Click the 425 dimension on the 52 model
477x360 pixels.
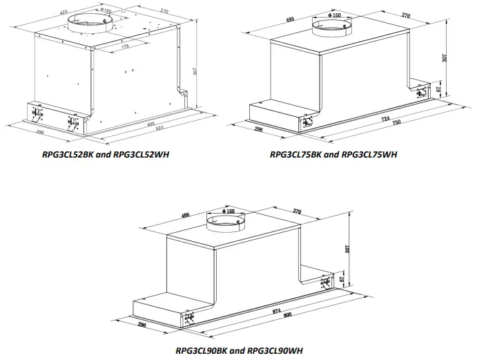(x=64, y=12)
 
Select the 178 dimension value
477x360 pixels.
(x=125, y=48)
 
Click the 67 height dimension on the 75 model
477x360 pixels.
(x=438, y=90)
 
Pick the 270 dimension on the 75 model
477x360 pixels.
(x=406, y=15)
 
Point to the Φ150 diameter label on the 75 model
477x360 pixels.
(x=335, y=15)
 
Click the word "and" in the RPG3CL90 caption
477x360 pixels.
(x=236, y=351)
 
